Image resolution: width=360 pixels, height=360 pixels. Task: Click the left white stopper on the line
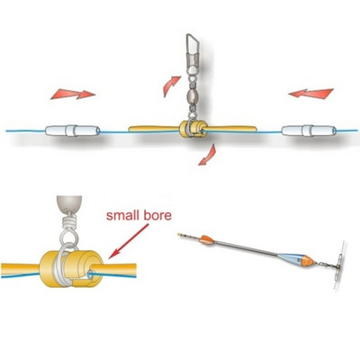point(73,130)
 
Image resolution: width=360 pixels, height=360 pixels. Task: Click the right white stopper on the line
point(309,130)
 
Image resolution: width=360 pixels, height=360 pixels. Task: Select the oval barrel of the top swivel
point(192,97)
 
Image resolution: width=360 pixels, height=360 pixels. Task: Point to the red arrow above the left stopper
point(73,94)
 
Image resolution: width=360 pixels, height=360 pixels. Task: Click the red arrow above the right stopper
point(311,94)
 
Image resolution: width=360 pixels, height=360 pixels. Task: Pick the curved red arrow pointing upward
point(171,85)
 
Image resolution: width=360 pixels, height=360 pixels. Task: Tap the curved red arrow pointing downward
point(208,156)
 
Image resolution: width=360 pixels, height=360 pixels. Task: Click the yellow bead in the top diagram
point(193,130)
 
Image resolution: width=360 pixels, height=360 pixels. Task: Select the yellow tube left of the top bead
point(154,129)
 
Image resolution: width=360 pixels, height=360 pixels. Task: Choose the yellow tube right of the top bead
point(231,129)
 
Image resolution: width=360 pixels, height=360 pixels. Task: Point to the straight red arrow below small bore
point(129,241)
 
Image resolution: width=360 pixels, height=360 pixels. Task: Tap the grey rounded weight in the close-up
point(69,204)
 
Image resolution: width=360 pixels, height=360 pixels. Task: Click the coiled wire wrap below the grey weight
point(69,222)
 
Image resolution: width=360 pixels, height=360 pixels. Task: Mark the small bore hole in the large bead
point(90,274)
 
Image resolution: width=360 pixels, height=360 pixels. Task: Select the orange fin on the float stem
point(207,238)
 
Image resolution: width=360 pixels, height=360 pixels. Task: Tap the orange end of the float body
point(309,261)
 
